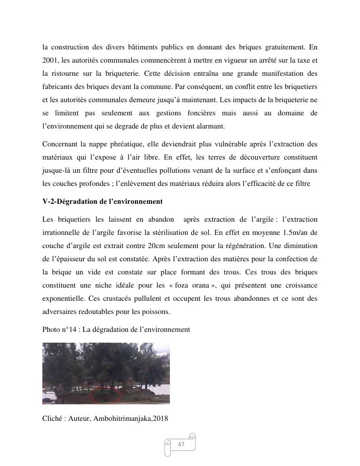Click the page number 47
click(x=181, y=444)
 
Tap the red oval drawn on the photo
click(x=105, y=395)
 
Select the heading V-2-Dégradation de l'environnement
click(x=102, y=201)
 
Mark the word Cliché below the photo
click(x=52, y=418)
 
